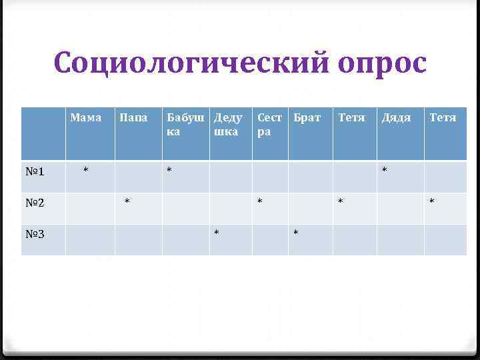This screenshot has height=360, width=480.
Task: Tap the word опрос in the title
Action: click(381, 64)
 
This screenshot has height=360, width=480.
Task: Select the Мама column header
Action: click(85, 118)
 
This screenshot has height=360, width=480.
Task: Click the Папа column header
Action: click(133, 118)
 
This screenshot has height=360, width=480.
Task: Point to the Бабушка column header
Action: click(185, 125)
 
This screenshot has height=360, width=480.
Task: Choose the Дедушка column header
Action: click(228, 125)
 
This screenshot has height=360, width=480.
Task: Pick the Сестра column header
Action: click(270, 125)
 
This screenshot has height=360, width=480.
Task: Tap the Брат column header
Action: click(307, 118)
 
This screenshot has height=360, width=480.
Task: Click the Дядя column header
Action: click(395, 118)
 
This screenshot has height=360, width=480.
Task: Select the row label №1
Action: click(35, 172)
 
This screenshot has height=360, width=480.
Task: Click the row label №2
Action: click(35, 203)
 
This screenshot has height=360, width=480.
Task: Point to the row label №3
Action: click(35, 234)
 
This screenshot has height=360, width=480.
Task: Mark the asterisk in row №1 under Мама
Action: click(85, 171)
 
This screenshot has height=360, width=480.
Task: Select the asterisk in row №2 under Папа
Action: click(127, 201)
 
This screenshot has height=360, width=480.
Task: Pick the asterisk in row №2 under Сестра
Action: click(261, 201)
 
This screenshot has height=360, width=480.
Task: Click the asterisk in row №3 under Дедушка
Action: click(216, 233)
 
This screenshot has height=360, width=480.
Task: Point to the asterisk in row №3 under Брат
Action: click(296, 233)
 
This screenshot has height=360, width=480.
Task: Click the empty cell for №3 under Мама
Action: click(90, 239)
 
